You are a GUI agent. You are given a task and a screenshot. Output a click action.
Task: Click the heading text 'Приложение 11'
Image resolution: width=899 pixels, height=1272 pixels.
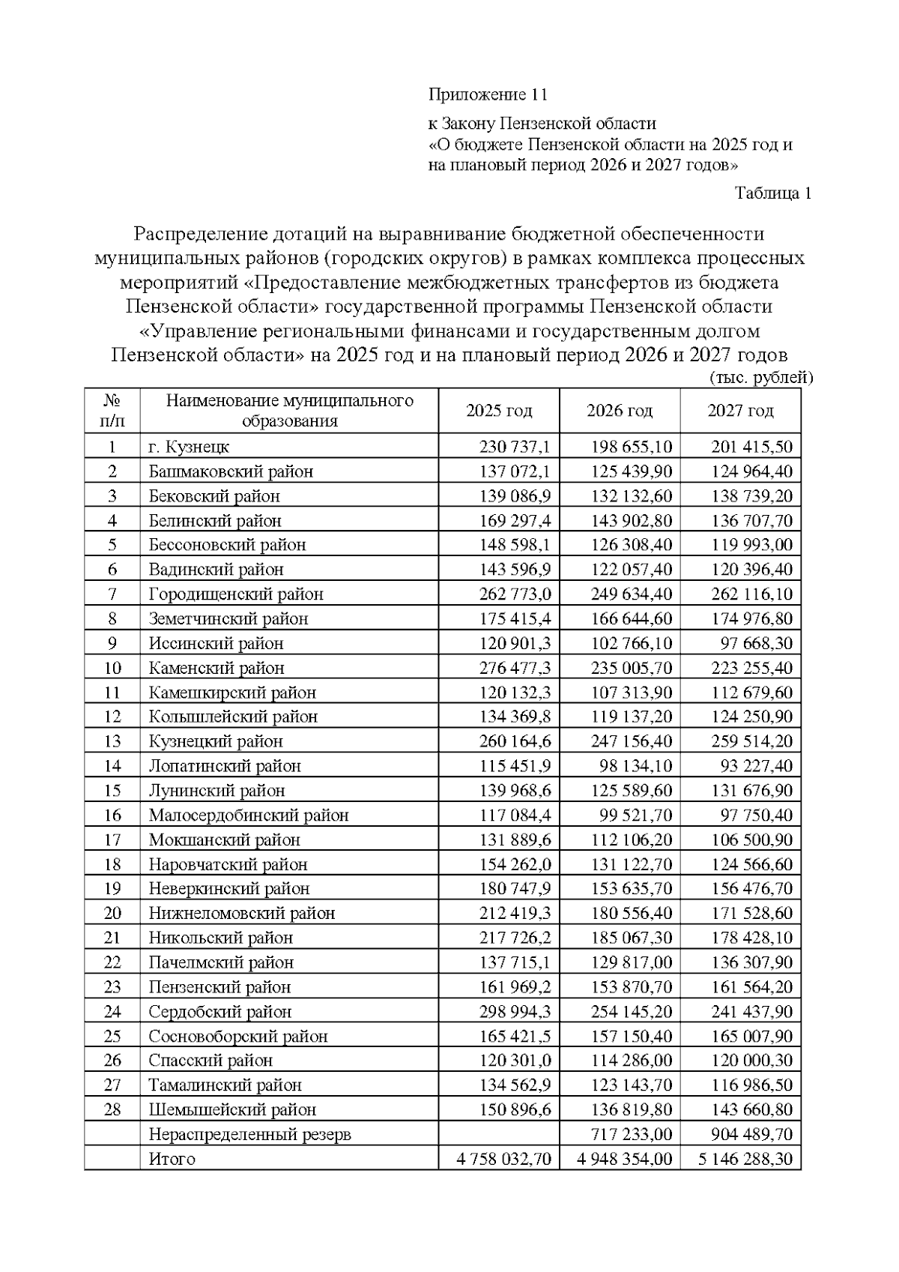(x=488, y=95)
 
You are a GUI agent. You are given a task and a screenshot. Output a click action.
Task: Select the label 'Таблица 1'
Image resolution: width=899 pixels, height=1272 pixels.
(x=773, y=193)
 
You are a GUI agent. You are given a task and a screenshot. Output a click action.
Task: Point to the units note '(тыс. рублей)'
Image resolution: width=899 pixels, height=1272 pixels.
(x=760, y=378)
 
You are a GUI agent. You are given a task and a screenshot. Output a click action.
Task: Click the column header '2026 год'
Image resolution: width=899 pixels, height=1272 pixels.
(x=620, y=411)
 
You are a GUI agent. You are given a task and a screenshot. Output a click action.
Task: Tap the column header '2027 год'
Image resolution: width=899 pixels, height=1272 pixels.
(x=740, y=411)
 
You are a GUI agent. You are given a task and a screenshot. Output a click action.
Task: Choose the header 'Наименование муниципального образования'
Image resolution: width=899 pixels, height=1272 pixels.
(x=289, y=410)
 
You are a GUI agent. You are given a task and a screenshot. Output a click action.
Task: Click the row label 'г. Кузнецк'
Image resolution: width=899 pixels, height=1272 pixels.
(x=189, y=447)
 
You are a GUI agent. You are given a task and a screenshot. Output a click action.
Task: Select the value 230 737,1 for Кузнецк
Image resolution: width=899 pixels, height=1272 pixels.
(x=515, y=447)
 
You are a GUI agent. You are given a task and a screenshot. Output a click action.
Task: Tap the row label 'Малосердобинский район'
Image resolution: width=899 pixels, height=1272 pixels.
(x=249, y=816)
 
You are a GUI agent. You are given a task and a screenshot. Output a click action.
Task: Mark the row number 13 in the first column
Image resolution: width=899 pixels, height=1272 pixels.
(x=112, y=741)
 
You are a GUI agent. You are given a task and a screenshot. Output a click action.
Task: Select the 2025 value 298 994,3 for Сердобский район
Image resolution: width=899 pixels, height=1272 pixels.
(x=515, y=1012)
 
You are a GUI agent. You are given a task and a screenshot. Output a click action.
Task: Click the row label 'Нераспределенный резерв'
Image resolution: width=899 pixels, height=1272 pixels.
(x=249, y=1135)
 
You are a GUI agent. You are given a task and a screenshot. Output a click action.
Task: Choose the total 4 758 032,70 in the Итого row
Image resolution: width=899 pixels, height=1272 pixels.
(x=504, y=1160)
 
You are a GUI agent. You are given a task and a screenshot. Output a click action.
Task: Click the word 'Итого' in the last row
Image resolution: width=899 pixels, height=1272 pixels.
(x=172, y=1160)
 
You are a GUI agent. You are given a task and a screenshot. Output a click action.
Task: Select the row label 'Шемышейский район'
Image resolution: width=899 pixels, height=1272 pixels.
(x=232, y=1110)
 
